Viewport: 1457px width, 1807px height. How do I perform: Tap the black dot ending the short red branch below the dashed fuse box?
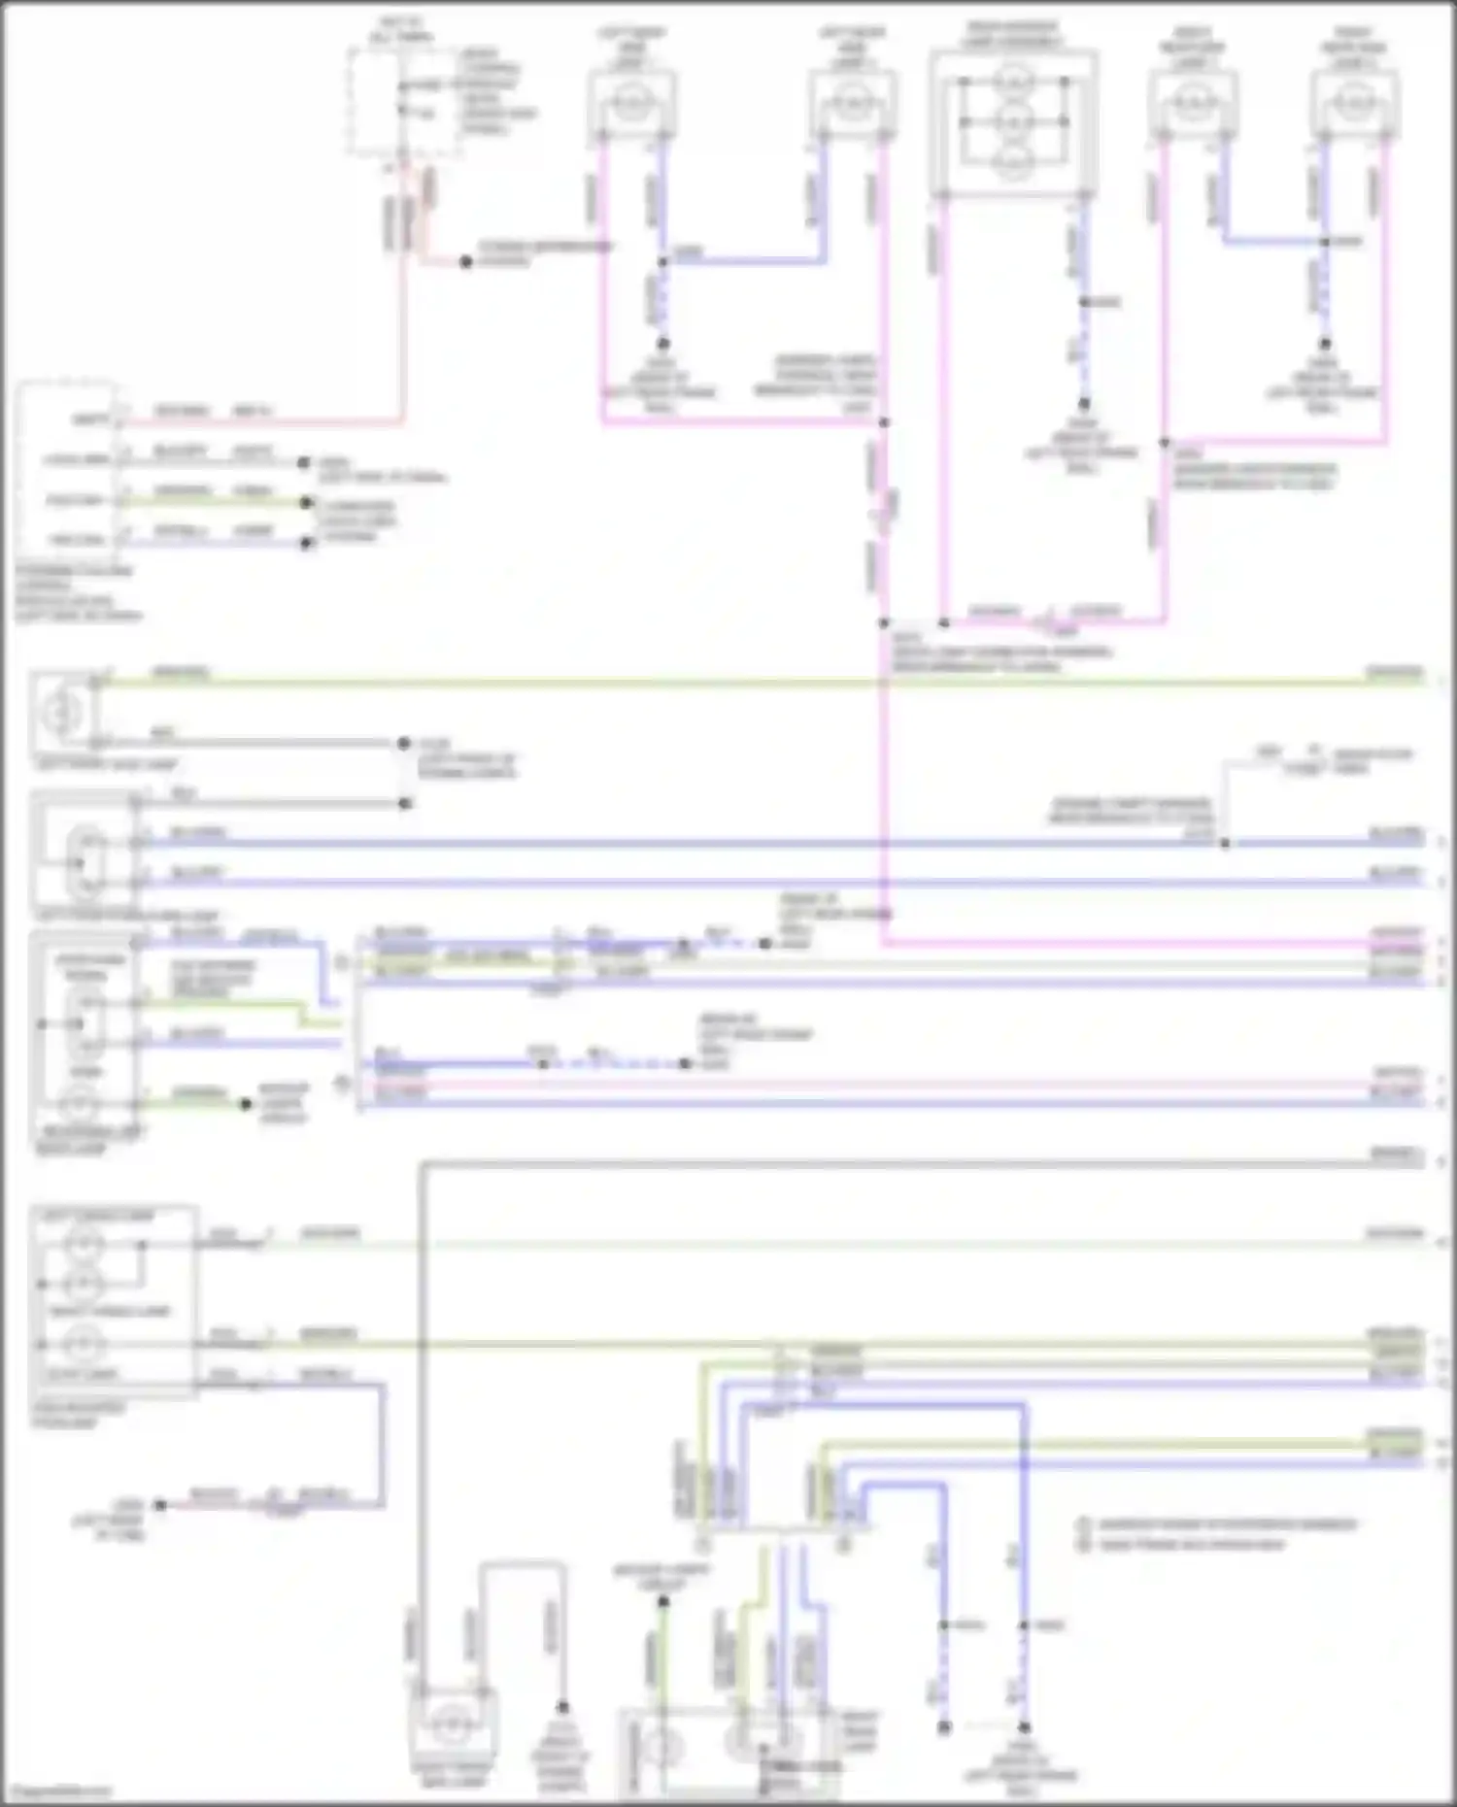click(x=466, y=262)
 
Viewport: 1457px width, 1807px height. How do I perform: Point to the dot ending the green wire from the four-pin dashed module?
click(x=307, y=503)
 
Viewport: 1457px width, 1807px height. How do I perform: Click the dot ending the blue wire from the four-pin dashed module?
click(x=307, y=543)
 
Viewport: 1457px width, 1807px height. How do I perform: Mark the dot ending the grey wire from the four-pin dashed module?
click(x=304, y=463)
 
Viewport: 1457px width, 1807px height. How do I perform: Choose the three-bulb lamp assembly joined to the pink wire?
click(x=1013, y=121)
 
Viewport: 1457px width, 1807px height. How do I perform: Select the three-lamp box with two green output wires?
click(x=115, y=1301)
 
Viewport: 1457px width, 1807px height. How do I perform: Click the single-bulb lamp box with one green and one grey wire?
click(x=64, y=712)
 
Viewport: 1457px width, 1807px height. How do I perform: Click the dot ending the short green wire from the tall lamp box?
click(x=246, y=1104)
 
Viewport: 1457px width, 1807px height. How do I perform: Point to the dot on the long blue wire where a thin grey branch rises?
click(x=1225, y=843)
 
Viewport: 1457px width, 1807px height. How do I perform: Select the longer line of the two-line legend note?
click(x=1226, y=1524)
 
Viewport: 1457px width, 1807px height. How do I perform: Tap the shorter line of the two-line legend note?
click(x=1191, y=1544)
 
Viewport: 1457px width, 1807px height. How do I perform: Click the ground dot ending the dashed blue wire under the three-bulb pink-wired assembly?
click(x=1084, y=404)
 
